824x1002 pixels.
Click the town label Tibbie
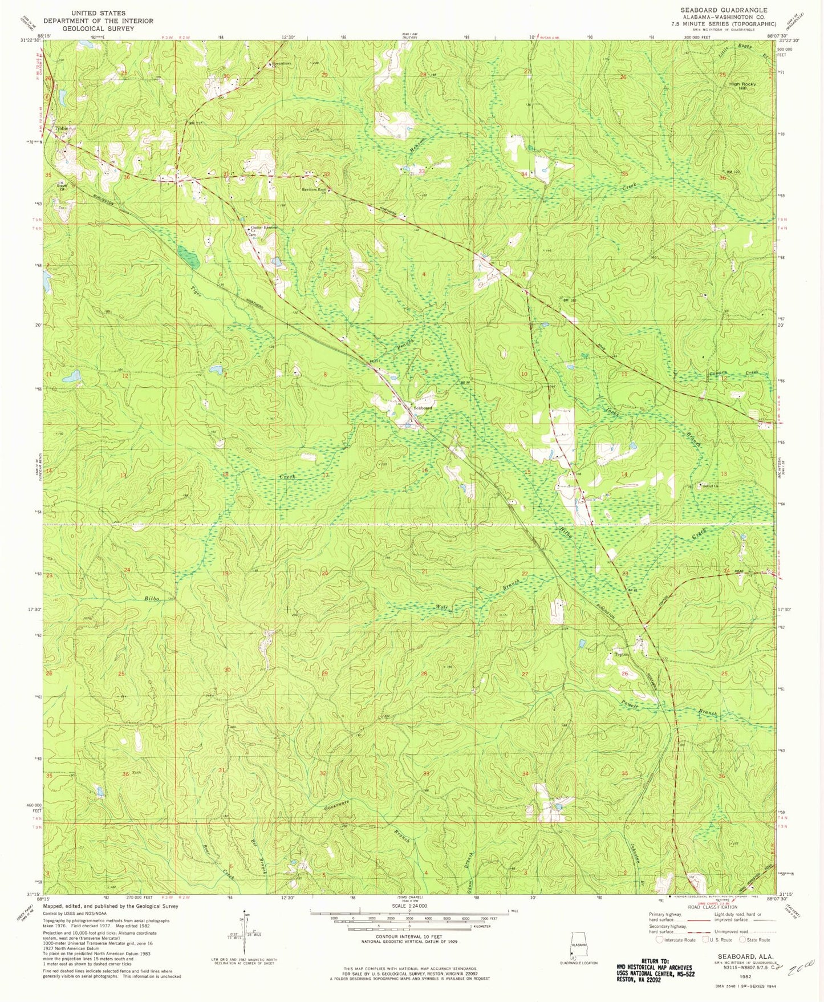point(61,129)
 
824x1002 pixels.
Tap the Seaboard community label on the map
point(423,408)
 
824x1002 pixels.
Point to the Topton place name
point(621,654)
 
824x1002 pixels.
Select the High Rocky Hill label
point(742,86)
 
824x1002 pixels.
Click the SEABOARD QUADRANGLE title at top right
point(724,10)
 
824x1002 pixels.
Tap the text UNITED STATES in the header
point(99,13)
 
